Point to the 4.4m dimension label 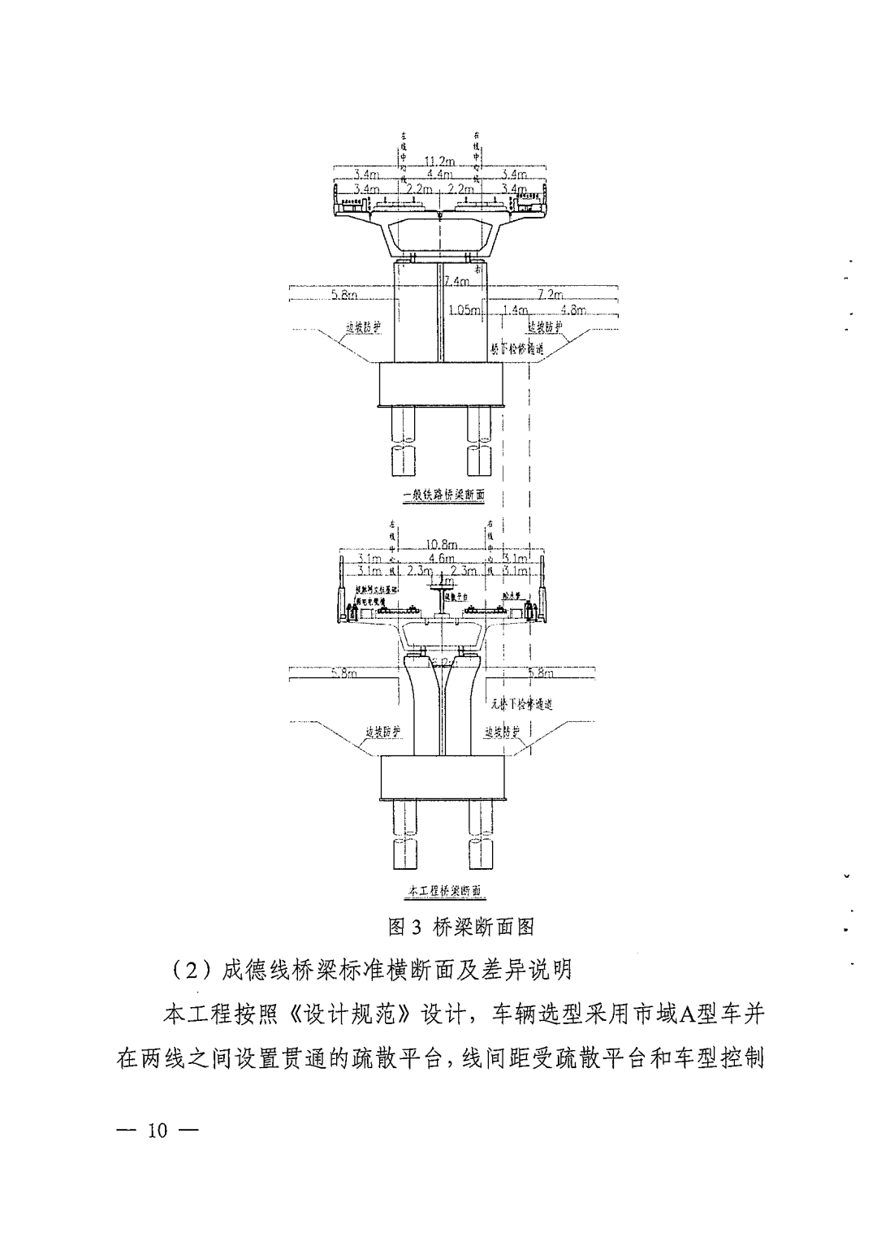click(x=439, y=174)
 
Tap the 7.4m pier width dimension click(x=457, y=282)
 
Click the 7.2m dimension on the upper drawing click(x=551, y=294)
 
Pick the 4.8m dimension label click(x=573, y=310)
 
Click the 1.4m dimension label click(x=516, y=310)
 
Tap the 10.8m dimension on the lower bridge click(x=442, y=544)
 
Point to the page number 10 click(x=157, y=1131)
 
